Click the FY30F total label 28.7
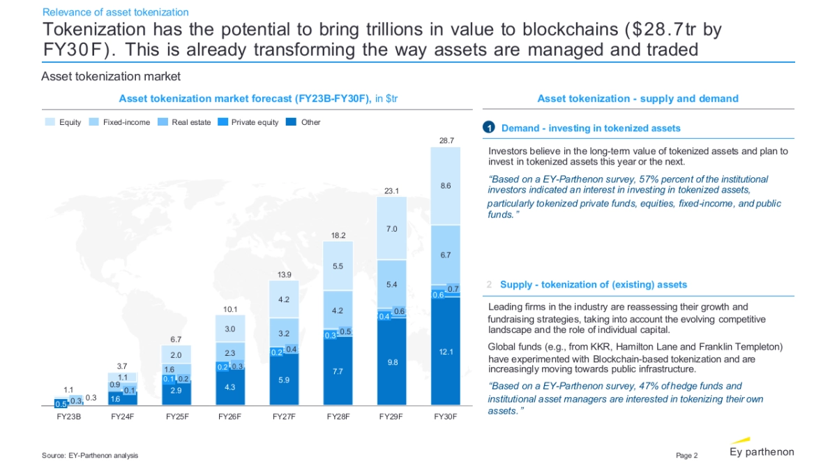point(446,140)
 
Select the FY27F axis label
point(284,417)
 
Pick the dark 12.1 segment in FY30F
point(446,352)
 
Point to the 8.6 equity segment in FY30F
point(446,186)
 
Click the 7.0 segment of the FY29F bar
point(392,229)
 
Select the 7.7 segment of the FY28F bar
point(338,371)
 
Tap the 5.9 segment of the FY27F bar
point(284,380)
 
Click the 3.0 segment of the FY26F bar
point(230,329)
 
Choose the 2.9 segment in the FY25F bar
point(176,391)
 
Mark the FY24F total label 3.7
point(122,366)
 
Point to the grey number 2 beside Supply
point(490,285)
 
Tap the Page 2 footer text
point(686,456)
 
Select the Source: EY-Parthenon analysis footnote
point(90,456)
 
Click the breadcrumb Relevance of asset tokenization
point(115,12)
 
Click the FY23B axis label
point(68,417)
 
